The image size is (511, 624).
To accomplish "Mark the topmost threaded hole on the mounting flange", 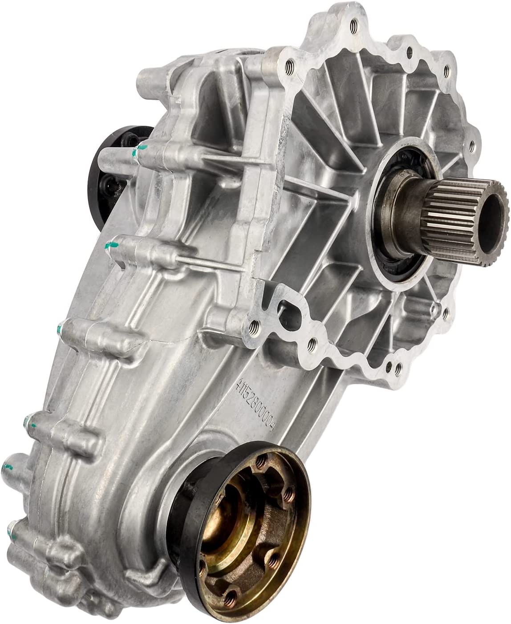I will point(355,21).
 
